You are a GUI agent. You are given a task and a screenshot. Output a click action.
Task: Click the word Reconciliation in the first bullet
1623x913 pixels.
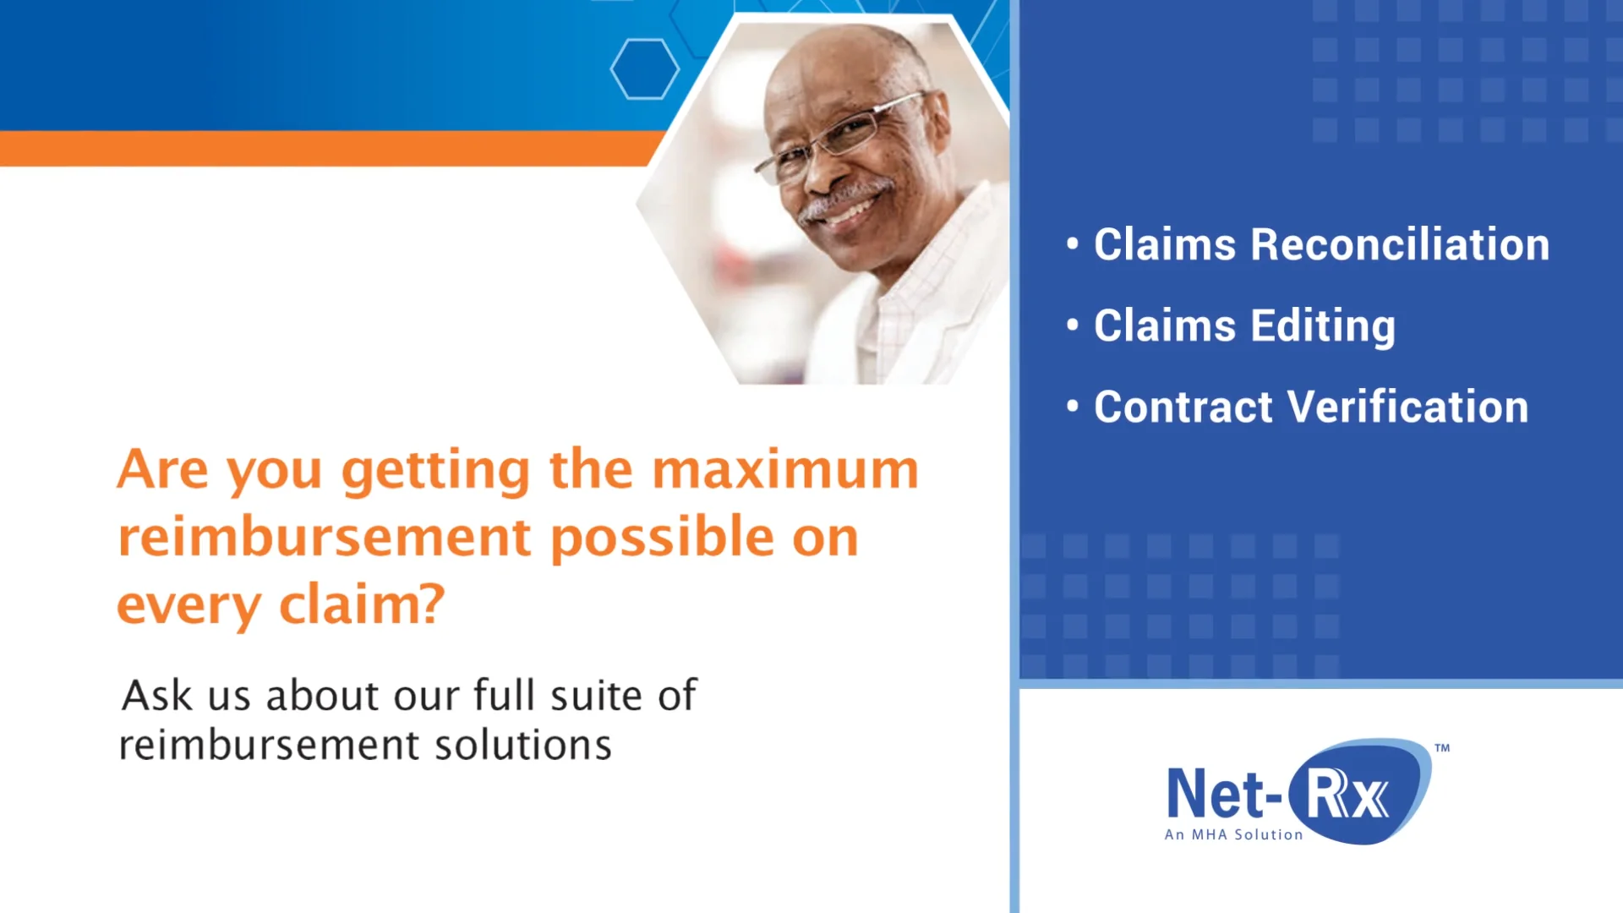click(1399, 245)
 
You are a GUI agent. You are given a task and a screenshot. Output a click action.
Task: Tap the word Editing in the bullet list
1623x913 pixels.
click(1323, 327)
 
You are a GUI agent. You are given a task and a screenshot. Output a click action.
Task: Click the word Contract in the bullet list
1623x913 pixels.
click(1183, 407)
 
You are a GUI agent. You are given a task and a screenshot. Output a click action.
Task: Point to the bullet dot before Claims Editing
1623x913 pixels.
click(1073, 325)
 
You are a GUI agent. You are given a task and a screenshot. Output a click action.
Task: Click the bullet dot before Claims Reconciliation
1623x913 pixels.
click(1073, 244)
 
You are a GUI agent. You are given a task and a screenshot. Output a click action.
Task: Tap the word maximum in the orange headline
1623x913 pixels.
click(785, 470)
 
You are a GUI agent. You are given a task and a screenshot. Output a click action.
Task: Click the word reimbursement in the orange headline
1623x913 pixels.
click(325, 538)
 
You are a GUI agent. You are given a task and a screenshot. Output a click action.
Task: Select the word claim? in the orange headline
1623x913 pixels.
click(362, 605)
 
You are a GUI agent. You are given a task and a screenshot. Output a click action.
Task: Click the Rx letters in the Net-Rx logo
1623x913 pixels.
click(1347, 795)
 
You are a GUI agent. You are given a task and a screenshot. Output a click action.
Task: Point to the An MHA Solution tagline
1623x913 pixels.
click(1233, 834)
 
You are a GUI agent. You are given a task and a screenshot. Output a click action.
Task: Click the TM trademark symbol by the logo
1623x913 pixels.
click(1442, 748)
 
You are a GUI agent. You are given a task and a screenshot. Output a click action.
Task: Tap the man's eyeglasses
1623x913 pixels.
click(845, 135)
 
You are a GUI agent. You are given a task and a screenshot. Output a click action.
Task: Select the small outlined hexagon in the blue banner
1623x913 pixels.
click(644, 69)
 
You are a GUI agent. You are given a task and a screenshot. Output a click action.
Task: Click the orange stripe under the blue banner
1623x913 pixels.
click(321, 148)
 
